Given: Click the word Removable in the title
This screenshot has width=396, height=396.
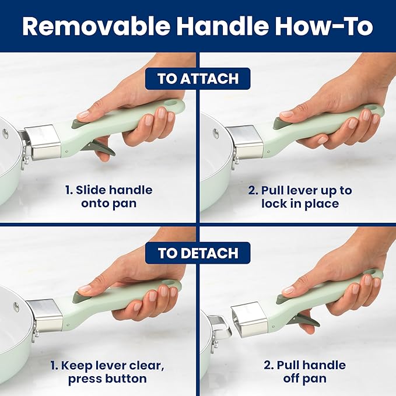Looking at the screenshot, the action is pyautogui.click(x=96, y=26).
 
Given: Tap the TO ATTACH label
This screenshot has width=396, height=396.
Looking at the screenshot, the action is pyautogui.click(x=198, y=79).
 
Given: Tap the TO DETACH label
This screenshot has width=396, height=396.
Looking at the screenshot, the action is pyautogui.click(x=198, y=253).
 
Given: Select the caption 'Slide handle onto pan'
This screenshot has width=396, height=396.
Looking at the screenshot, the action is pyautogui.click(x=109, y=197).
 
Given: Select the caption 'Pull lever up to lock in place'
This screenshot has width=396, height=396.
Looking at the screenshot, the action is pyautogui.click(x=300, y=197).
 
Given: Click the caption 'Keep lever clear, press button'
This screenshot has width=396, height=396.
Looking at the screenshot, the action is pyautogui.click(x=107, y=372).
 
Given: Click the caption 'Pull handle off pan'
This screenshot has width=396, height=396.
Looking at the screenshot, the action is pyautogui.click(x=305, y=372).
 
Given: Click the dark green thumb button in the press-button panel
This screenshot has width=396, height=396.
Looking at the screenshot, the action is pyautogui.click(x=79, y=297).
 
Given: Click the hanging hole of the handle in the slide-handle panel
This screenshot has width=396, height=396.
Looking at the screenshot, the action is pyautogui.click(x=173, y=104).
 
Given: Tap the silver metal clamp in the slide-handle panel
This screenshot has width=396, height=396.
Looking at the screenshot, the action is pyautogui.click(x=43, y=142).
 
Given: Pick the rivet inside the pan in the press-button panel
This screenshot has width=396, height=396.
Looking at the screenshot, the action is pyautogui.click(x=16, y=306).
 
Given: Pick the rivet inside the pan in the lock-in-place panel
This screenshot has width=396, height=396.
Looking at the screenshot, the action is pyautogui.click(x=216, y=133).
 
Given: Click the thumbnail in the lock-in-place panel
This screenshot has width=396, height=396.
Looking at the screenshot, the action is pyautogui.click(x=286, y=114).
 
